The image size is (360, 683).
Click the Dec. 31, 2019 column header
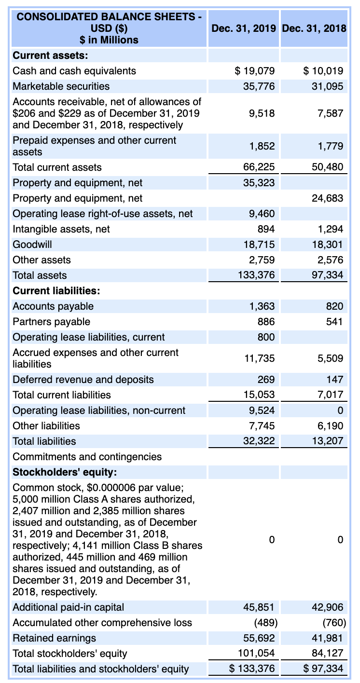click(244, 28)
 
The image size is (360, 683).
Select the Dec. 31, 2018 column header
click(314, 28)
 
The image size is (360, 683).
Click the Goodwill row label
click(32, 245)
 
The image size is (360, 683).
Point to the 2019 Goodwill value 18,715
click(259, 245)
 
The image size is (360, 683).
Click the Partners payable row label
click(51, 322)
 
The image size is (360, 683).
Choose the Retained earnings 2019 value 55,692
click(259, 638)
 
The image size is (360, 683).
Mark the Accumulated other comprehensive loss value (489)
click(263, 623)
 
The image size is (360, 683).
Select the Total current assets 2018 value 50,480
click(327, 167)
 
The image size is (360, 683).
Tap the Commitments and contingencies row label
click(87, 456)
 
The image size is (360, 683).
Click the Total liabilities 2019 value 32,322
click(259, 441)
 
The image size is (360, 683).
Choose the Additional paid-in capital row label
click(68, 607)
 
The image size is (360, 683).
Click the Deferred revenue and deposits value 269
click(266, 380)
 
